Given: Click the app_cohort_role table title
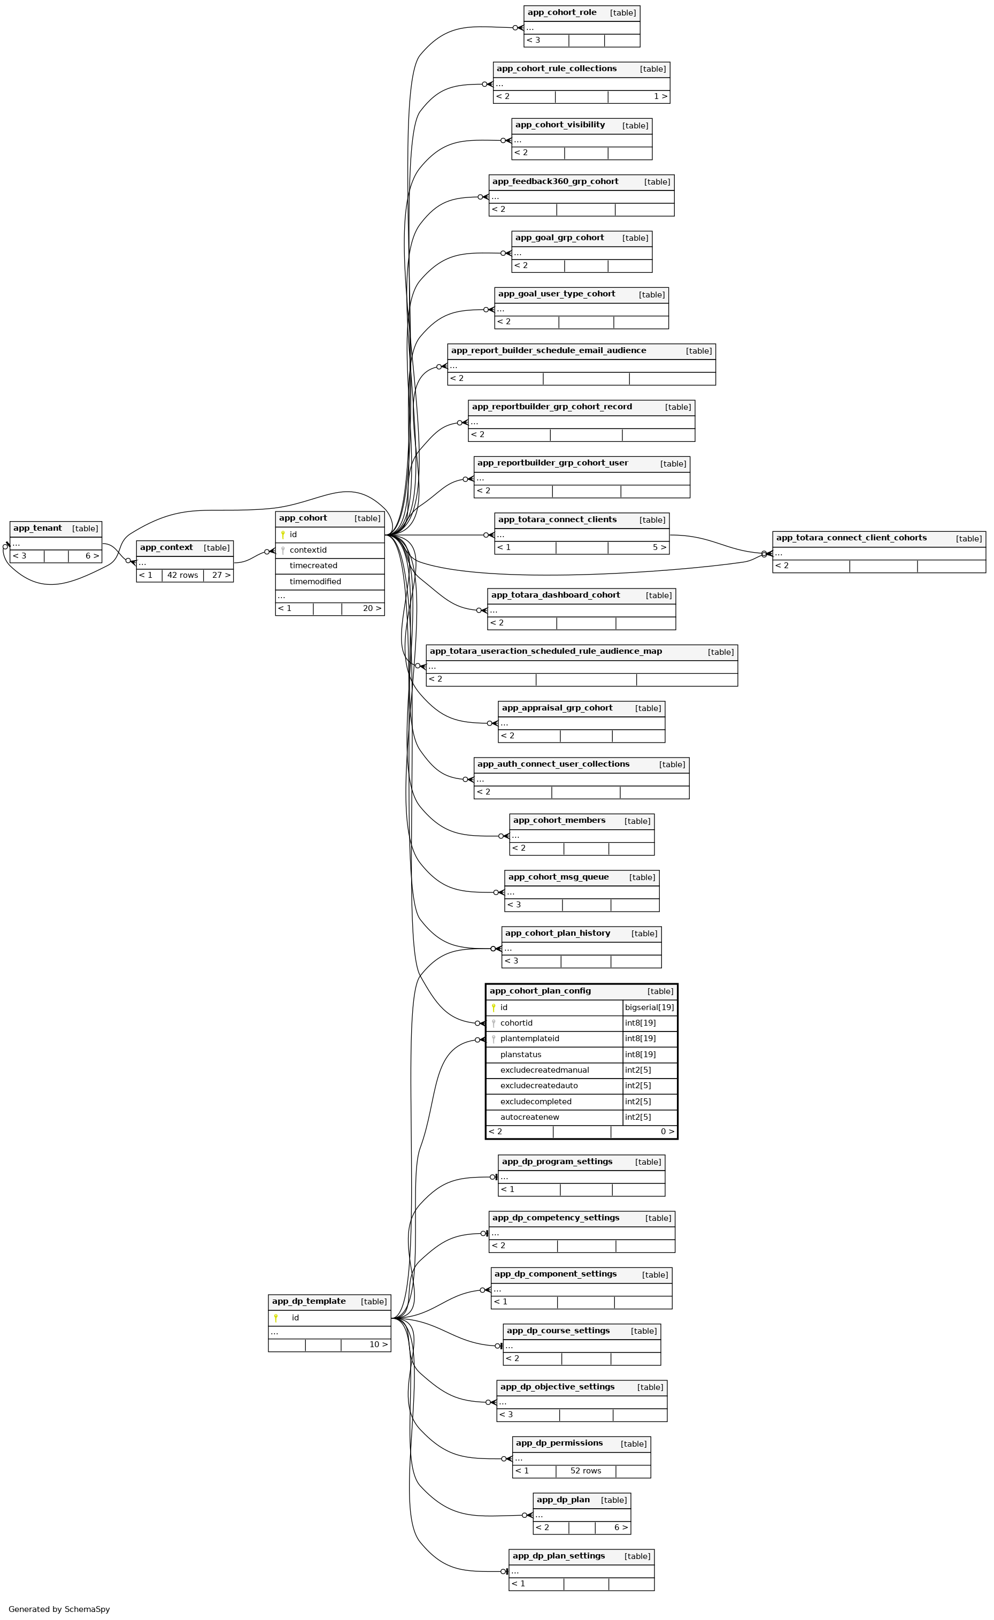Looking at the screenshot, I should [x=561, y=12].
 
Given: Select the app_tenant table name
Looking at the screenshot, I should [x=37, y=528].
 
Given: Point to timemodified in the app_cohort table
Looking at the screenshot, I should [x=315, y=582].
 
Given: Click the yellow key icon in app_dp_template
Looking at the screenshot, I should [x=275, y=1317].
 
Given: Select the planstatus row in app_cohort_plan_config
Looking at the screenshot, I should [x=521, y=1054].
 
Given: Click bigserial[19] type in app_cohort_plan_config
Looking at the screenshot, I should [x=649, y=1007].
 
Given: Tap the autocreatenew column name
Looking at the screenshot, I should [x=529, y=1117].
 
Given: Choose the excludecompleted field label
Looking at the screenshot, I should [x=536, y=1102].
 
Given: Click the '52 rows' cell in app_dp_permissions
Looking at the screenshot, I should [x=585, y=1471].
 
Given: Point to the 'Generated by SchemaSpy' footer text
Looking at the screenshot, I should [x=59, y=1609].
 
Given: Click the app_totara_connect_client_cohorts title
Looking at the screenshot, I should [x=851, y=538].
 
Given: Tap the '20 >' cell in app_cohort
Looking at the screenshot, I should [x=372, y=608].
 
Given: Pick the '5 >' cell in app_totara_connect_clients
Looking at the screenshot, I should [x=659, y=547].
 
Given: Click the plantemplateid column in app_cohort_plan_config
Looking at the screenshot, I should [x=529, y=1038].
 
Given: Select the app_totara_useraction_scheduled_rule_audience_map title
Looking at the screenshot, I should [x=545, y=651].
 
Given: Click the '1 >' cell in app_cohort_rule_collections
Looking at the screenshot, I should [x=660, y=97].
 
